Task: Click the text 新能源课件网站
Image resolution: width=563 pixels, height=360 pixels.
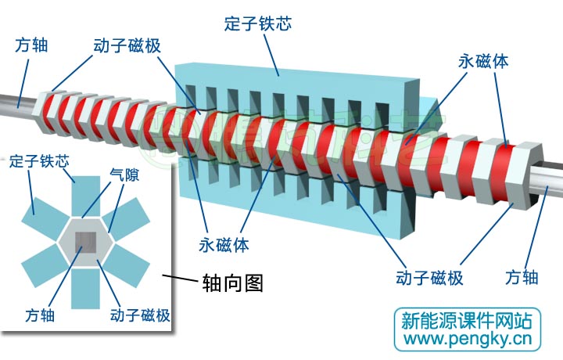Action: click(466, 319)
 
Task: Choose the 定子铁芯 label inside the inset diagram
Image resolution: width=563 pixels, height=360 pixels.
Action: click(39, 162)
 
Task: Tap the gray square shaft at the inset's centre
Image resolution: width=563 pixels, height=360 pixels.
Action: click(86, 244)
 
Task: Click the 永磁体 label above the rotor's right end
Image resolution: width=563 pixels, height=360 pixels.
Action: click(484, 60)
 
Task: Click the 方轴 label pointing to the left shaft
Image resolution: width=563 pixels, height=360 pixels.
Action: click(31, 45)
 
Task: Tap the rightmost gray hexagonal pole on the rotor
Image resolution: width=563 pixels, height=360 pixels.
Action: click(530, 165)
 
